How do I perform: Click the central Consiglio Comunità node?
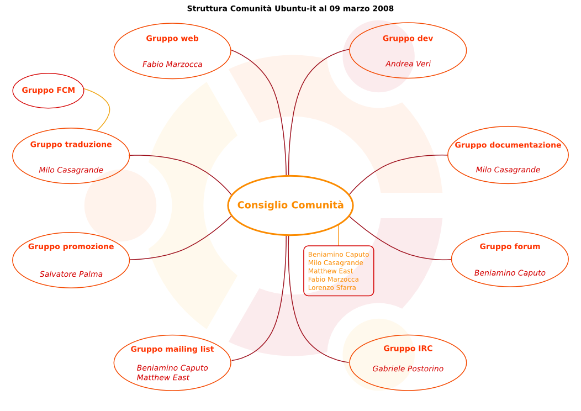[290, 205]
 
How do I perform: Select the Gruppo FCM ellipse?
[49, 91]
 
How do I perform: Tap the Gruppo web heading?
[172, 39]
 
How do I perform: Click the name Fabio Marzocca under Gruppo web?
[172, 65]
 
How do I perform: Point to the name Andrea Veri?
[408, 64]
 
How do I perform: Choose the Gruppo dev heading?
[408, 39]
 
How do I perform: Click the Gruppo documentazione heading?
[508, 145]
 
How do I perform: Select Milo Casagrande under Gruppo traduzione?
[71, 170]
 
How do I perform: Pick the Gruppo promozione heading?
[71, 247]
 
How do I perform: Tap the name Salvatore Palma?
[71, 275]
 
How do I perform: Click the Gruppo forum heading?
[510, 247]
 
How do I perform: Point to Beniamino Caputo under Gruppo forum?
[510, 273]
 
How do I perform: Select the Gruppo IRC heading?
[408, 349]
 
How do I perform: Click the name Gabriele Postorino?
[408, 369]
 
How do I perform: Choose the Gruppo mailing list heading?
[172, 349]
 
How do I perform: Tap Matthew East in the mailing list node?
[163, 378]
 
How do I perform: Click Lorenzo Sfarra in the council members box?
[332, 288]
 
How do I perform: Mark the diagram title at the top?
[290, 9]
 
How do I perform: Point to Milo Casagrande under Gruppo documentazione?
[508, 170]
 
